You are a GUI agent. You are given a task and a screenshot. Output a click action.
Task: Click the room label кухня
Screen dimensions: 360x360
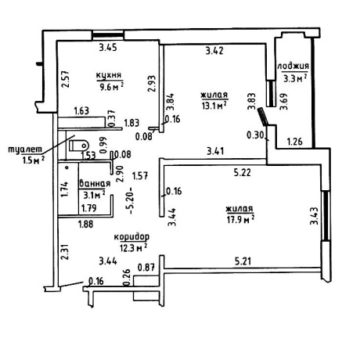109,75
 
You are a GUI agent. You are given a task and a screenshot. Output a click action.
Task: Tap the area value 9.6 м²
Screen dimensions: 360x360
110,86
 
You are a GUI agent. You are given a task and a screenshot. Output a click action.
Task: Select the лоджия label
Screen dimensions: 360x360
293,67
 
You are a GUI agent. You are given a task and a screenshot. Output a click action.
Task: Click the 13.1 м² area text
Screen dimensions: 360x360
214,106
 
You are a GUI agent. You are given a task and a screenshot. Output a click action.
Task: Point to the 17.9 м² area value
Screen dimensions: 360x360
240,219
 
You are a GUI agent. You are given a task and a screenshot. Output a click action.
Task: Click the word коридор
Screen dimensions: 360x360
131,237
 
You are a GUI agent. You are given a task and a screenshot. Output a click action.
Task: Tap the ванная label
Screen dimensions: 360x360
95,183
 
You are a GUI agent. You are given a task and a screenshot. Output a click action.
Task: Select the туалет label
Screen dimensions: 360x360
25,149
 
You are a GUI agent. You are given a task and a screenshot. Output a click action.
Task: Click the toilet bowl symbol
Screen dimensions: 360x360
79,145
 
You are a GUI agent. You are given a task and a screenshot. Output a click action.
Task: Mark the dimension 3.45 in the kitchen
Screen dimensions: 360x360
108,48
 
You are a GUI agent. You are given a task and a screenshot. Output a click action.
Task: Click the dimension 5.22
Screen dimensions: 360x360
243,172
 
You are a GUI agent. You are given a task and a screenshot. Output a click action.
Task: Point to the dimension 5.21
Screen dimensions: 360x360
243,261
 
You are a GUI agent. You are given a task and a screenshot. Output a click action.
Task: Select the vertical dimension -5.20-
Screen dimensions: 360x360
131,200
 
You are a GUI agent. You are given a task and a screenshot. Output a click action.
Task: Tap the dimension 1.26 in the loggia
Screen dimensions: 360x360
295,142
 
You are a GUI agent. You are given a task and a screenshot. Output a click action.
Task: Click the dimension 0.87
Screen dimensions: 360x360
146,268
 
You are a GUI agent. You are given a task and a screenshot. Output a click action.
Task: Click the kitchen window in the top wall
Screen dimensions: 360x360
108,35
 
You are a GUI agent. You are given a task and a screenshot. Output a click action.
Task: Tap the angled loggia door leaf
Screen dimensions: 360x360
262,117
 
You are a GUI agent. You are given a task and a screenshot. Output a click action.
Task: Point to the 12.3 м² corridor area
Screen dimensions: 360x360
133,247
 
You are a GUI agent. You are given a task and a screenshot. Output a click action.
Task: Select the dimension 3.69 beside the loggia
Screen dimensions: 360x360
283,102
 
